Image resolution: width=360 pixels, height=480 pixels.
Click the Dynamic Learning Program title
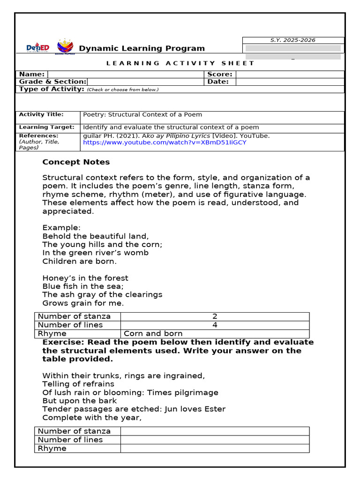[x=142, y=48]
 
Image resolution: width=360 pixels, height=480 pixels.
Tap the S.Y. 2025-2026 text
[x=293, y=40]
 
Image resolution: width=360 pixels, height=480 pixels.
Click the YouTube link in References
[x=165, y=142]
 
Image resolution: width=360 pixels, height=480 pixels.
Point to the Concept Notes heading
[x=76, y=162]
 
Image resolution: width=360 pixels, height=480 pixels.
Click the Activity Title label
[x=41, y=114]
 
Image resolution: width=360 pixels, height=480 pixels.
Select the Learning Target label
[x=46, y=127]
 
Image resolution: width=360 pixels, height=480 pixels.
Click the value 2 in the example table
[x=215, y=316]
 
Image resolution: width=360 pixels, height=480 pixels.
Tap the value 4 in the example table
[x=215, y=325]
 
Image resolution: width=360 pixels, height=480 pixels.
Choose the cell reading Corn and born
[x=153, y=334]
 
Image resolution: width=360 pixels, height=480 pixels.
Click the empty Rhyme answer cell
[x=215, y=448]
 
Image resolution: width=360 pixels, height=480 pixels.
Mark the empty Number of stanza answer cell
[x=215, y=431]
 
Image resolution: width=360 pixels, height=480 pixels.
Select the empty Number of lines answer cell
[x=215, y=440]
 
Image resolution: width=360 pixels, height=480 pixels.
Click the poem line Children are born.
[x=79, y=261]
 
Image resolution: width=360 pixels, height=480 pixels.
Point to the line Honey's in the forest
[x=85, y=278]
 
